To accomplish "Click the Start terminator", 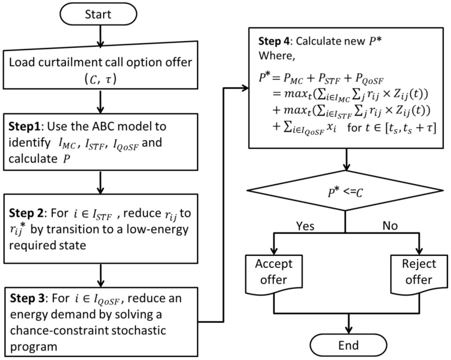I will coord(101,15).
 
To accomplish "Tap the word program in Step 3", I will coord(33,346).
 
